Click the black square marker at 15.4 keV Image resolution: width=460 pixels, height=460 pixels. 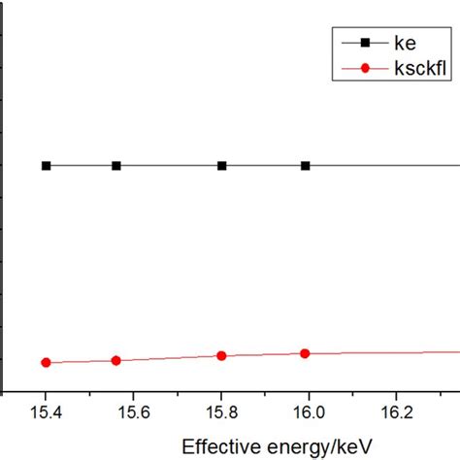(x=46, y=166)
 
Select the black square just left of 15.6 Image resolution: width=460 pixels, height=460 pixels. (x=116, y=166)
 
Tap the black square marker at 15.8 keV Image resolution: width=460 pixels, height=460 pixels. (x=221, y=166)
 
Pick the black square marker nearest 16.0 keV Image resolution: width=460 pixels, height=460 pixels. (x=306, y=166)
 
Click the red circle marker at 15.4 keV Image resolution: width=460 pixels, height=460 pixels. (x=46, y=363)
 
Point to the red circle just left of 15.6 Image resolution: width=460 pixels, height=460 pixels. (x=116, y=360)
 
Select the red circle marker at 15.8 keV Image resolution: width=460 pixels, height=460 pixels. (x=221, y=356)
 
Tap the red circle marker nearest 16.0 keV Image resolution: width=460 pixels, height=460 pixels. (x=306, y=353)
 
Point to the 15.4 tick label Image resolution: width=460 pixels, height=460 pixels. (x=46, y=413)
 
